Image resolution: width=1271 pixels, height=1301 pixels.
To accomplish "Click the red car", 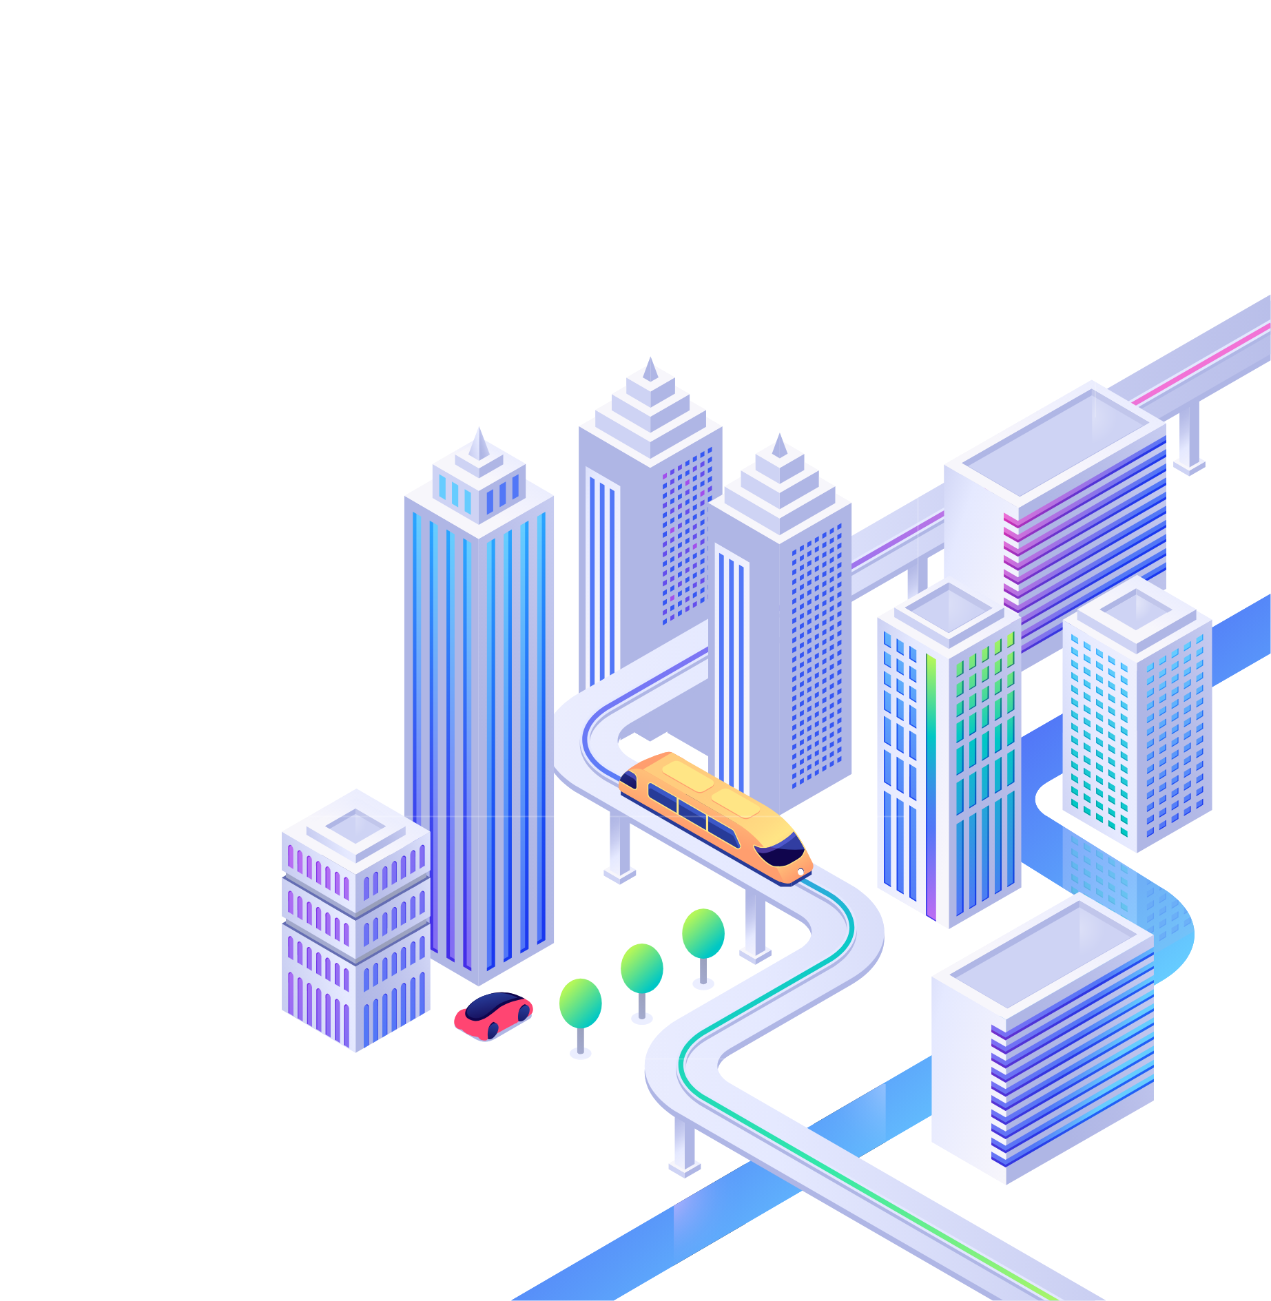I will click(493, 1016).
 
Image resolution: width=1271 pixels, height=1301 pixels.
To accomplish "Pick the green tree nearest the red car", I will click(580, 1004).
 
